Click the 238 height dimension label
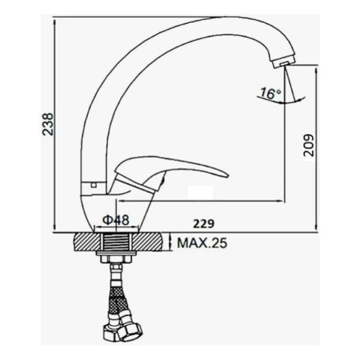49,124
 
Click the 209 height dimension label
308,145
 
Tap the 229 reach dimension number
203,224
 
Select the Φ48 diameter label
116,220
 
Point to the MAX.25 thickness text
202,243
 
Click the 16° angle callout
271,93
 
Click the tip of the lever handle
227,175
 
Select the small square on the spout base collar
94,185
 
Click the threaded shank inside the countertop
116,242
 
